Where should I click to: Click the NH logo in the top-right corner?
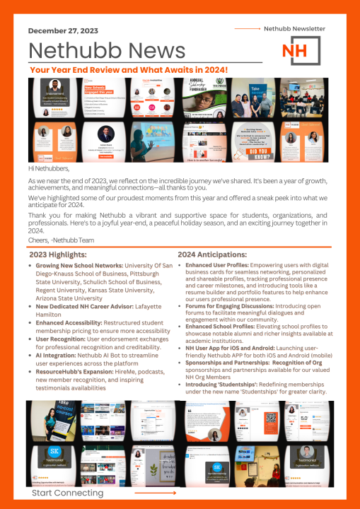click(x=300, y=50)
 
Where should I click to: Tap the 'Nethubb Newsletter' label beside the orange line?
click(x=294, y=29)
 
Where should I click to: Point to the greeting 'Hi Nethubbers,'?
click(x=49, y=170)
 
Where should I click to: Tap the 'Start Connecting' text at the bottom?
click(x=67, y=493)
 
